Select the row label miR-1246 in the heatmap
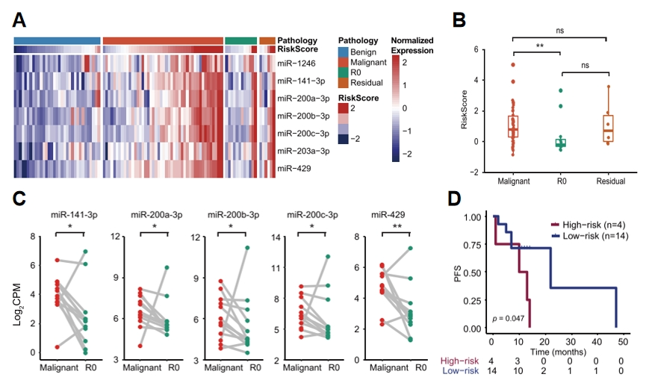click(296, 63)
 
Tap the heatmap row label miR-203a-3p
click(301, 152)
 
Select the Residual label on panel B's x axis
click(609, 181)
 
